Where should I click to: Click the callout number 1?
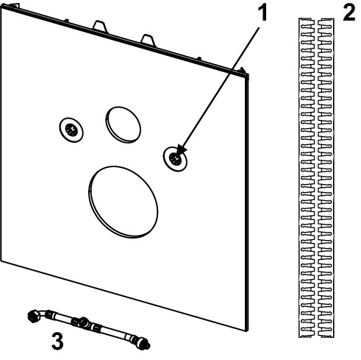click(x=262, y=13)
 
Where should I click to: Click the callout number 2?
click(x=349, y=13)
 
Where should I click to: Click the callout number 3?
click(x=57, y=341)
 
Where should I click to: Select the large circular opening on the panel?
click(x=124, y=202)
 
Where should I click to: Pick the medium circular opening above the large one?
click(x=123, y=124)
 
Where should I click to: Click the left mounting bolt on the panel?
click(x=71, y=130)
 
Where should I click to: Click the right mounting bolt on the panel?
click(x=175, y=159)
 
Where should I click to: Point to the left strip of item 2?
click(x=307, y=177)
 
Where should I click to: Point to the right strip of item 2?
click(x=326, y=177)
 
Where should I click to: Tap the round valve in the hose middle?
click(x=83, y=322)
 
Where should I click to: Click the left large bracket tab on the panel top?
click(x=100, y=27)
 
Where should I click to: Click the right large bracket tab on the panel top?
click(x=149, y=40)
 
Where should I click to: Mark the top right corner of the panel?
click(x=249, y=74)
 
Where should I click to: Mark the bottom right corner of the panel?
click(x=247, y=331)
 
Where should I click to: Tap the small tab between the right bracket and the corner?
click(x=199, y=59)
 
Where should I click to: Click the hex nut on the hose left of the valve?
click(x=74, y=320)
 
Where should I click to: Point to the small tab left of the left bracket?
click(x=66, y=21)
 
